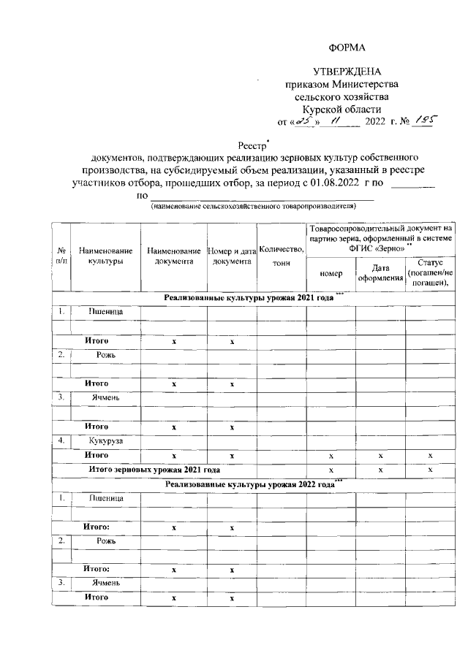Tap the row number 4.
click(x=62, y=441)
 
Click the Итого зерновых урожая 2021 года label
click(x=154, y=469)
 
